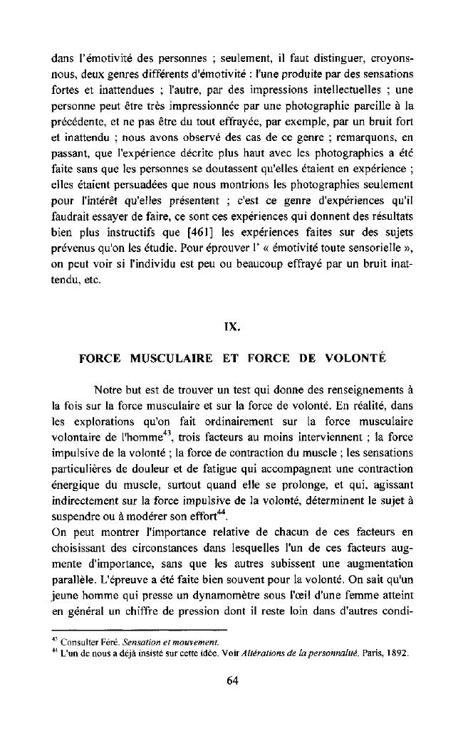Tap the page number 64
pos(231,680)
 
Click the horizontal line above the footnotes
pos(139,630)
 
